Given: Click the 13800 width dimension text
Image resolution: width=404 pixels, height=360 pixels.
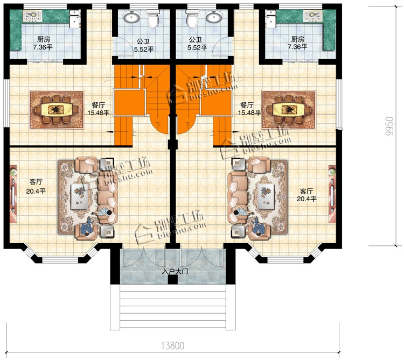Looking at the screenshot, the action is [173, 345].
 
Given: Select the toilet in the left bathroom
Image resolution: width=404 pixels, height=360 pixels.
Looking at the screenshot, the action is [154, 19].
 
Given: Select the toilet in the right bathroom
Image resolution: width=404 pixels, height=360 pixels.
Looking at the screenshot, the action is [192, 19].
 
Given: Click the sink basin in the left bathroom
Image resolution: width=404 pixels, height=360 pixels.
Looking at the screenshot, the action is [131, 18].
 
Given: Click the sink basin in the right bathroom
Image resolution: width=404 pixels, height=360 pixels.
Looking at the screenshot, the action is [214, 18].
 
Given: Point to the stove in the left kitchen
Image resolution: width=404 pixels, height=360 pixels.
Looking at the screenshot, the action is [33, 16].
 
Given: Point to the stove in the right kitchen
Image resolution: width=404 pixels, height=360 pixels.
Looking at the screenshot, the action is [313, 16].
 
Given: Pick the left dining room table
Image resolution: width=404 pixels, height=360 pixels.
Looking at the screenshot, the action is [57, 110].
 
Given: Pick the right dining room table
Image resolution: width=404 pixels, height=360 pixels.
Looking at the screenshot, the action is [289, 110].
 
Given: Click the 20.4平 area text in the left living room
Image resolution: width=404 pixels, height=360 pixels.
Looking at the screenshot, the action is [36, 192].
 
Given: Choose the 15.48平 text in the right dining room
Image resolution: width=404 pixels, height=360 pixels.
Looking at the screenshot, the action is [249, 112].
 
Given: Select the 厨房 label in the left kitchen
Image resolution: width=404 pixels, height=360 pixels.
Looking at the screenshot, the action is [43, 39].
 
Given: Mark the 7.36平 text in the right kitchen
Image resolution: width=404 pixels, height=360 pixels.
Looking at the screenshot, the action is [297, 47].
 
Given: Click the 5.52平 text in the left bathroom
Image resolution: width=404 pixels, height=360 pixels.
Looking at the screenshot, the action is [143, 48].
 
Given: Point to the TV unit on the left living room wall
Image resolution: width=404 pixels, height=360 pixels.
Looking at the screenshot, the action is [13, 194].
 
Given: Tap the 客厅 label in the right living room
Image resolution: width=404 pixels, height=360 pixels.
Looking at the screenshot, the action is [307, 192].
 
